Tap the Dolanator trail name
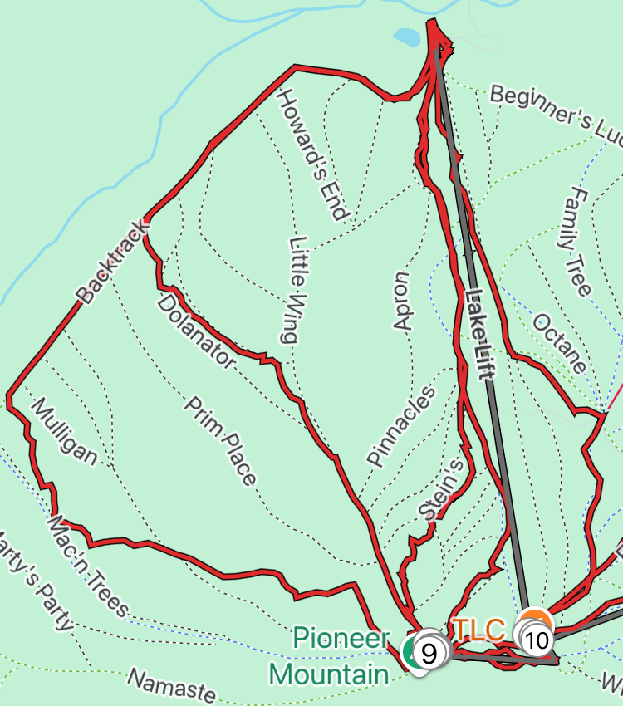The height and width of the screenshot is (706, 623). click(x=196, y=330)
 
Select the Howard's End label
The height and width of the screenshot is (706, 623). click(x=311, y=154)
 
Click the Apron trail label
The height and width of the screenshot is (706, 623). click(x=403, y=301)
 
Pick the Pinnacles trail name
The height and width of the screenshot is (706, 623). click(x=401, y=426)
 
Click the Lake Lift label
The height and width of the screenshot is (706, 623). click(x=479, y=332)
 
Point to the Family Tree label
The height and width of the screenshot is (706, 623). click(x=576, y=241)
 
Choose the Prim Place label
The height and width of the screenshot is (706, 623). click(x=219, y=440)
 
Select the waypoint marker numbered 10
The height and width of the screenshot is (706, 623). click(x=537, y=640)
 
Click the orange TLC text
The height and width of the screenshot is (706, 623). click(x=478, y=630)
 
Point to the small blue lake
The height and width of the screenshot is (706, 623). click(x=407, y=37)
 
